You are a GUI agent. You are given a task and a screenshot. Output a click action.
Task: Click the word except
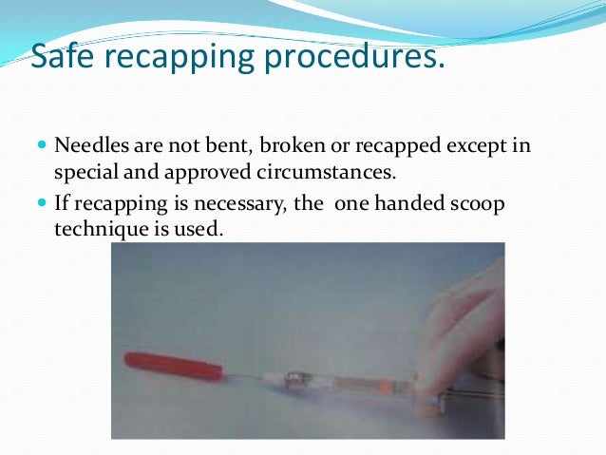click(x=456, y=149)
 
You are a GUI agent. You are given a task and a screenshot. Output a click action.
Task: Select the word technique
click(x=99, y=229)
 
